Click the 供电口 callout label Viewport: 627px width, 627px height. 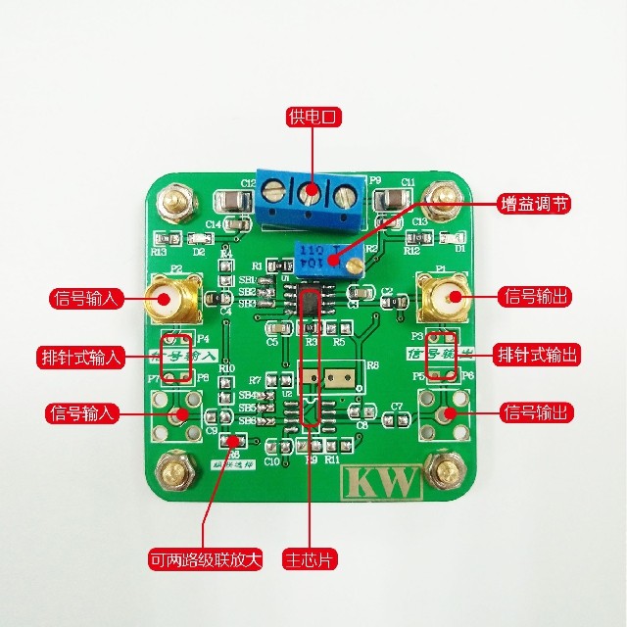click(x=313, y=117)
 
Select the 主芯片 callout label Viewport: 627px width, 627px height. click(x=307, y=562)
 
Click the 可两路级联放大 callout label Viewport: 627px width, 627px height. click(x=205, y=562)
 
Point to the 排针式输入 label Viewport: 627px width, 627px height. click(x=81, y=356)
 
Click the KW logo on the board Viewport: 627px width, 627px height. click(x=380, y=483)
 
